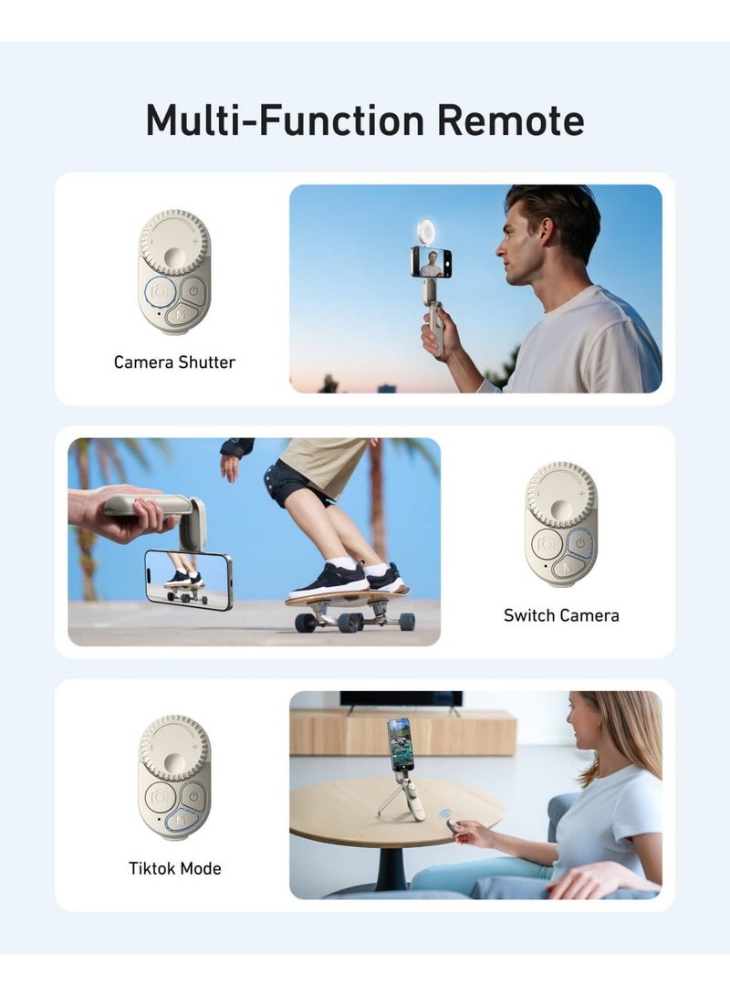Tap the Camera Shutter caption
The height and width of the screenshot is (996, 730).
(x=174, y=362)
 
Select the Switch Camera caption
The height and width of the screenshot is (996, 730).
(x=561, y=615)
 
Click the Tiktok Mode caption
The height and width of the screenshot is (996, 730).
(x=174, y=868)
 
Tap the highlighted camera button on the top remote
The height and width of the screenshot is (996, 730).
(x=161, y=291)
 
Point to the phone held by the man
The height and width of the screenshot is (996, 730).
(x=431, y=262)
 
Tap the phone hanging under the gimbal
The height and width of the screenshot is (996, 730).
(x=189, y=579)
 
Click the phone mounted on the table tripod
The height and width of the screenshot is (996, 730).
(x=400, y=743)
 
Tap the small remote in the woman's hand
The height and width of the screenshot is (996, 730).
(x=453, y=825)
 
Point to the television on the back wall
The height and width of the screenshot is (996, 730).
(x=401, y=699)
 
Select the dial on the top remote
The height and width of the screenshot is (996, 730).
(x=174, y=243)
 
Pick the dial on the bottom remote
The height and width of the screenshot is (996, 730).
(x=174, y=748)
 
